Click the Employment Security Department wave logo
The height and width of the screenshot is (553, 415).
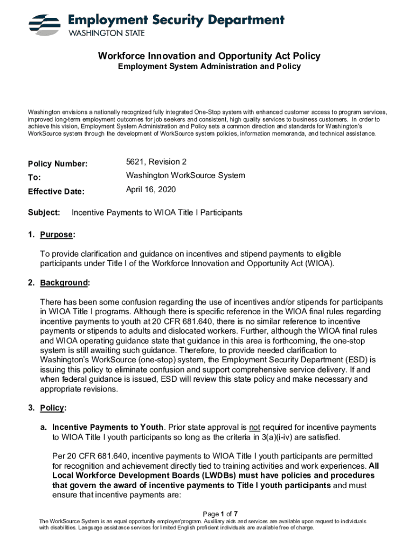[45, 24]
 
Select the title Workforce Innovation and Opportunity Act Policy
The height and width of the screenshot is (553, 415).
[209, 56]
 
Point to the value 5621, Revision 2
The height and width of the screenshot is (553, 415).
[156, 162]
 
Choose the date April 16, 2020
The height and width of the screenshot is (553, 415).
[151, 190]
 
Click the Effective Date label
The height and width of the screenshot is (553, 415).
[56, 191]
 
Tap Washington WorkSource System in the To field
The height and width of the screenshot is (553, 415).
[185, 176]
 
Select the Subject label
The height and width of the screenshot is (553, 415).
[44, 213]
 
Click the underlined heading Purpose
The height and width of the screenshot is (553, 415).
[57, 235]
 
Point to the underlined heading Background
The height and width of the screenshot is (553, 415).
[63, 283]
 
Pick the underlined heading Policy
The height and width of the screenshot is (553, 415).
[52, 408]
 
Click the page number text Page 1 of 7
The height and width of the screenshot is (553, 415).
[220, 513]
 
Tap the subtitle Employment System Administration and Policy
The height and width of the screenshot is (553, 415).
[209, 66]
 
